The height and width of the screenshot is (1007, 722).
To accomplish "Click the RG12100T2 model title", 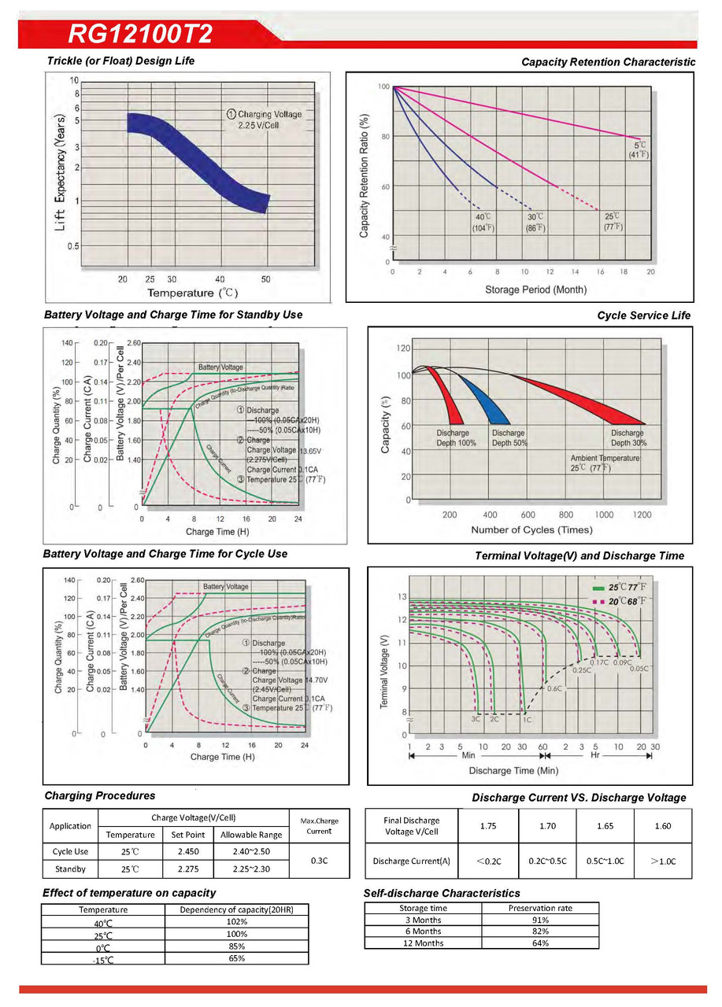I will click(139, 34).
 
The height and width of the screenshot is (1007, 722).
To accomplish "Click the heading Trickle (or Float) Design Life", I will click(120, 61).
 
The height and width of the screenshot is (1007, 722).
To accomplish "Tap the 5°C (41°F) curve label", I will click(638, 149).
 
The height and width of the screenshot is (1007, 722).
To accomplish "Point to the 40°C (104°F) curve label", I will click(483, 222).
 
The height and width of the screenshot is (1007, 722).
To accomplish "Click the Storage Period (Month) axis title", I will click(535, 290).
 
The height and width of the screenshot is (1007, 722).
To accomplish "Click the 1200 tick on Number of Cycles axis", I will click(642, 515).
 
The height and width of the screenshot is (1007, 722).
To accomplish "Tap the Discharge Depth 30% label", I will click(627, 438).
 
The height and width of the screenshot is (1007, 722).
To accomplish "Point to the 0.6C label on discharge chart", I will click(554, 688).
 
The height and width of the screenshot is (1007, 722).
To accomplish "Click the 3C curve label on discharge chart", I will click(476, 719).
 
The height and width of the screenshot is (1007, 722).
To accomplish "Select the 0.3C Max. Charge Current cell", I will click(320, 861).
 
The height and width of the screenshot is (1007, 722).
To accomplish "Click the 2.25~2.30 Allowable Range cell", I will click(250, 869).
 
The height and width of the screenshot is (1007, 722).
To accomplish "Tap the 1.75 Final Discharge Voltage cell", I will click(491, 826).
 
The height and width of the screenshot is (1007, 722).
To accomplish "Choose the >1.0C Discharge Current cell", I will click(663, 861).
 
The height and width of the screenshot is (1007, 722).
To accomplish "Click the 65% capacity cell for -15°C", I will click(237, 958).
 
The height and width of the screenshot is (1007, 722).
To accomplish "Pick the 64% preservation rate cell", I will click(540, 942).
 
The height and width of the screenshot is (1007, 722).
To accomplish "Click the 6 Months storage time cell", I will click(423, 931).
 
